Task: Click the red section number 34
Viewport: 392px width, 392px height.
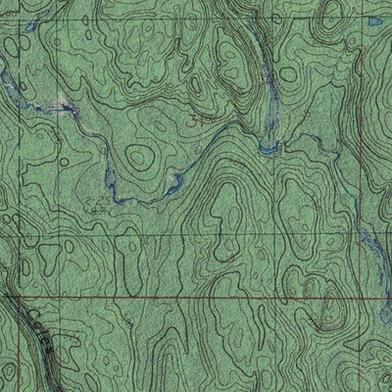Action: coord(200,117)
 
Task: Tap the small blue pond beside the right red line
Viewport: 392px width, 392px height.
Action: coord(373,19)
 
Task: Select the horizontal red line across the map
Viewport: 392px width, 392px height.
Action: coord(196,293)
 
